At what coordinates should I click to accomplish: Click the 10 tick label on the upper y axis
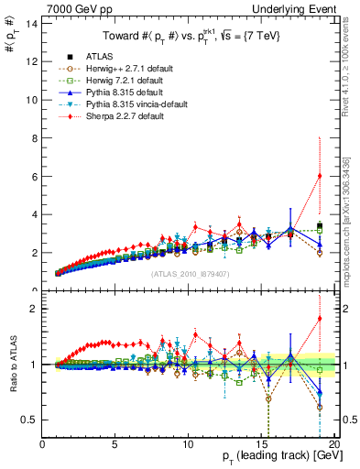pos(32,99)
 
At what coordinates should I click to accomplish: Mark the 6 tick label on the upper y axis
pos(35,176)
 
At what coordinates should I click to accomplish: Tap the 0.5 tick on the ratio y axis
pos(29,420)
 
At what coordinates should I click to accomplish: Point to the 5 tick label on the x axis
pos(115,445)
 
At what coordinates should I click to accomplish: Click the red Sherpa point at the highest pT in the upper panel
pos(319,176)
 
